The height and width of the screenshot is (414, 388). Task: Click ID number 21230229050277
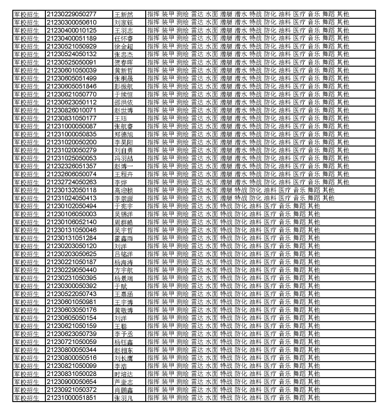[71, 14]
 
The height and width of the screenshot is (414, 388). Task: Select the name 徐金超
[124, 46]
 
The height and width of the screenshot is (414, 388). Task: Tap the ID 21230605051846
[71, 86]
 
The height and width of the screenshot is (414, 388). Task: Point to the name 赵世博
[124, 110]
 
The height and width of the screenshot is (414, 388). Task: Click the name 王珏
[120, 118]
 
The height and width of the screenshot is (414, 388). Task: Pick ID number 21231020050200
[71, 142]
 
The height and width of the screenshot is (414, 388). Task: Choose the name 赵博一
[124, 166]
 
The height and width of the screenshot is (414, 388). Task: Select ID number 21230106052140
[71, 222]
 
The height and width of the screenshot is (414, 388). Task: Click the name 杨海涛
[124, 262]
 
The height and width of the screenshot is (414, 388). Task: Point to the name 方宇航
[124, 270]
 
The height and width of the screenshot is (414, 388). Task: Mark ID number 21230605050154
[71, 318]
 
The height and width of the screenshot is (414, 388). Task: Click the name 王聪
[120, 326]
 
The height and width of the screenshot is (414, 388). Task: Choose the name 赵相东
[124, 350]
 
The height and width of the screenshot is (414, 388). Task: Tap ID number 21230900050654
[71, 382]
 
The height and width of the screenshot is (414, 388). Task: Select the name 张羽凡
[124, 398]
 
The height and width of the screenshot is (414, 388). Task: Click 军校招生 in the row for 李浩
[27, 366]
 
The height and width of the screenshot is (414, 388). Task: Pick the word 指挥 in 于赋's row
[153, 286]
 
